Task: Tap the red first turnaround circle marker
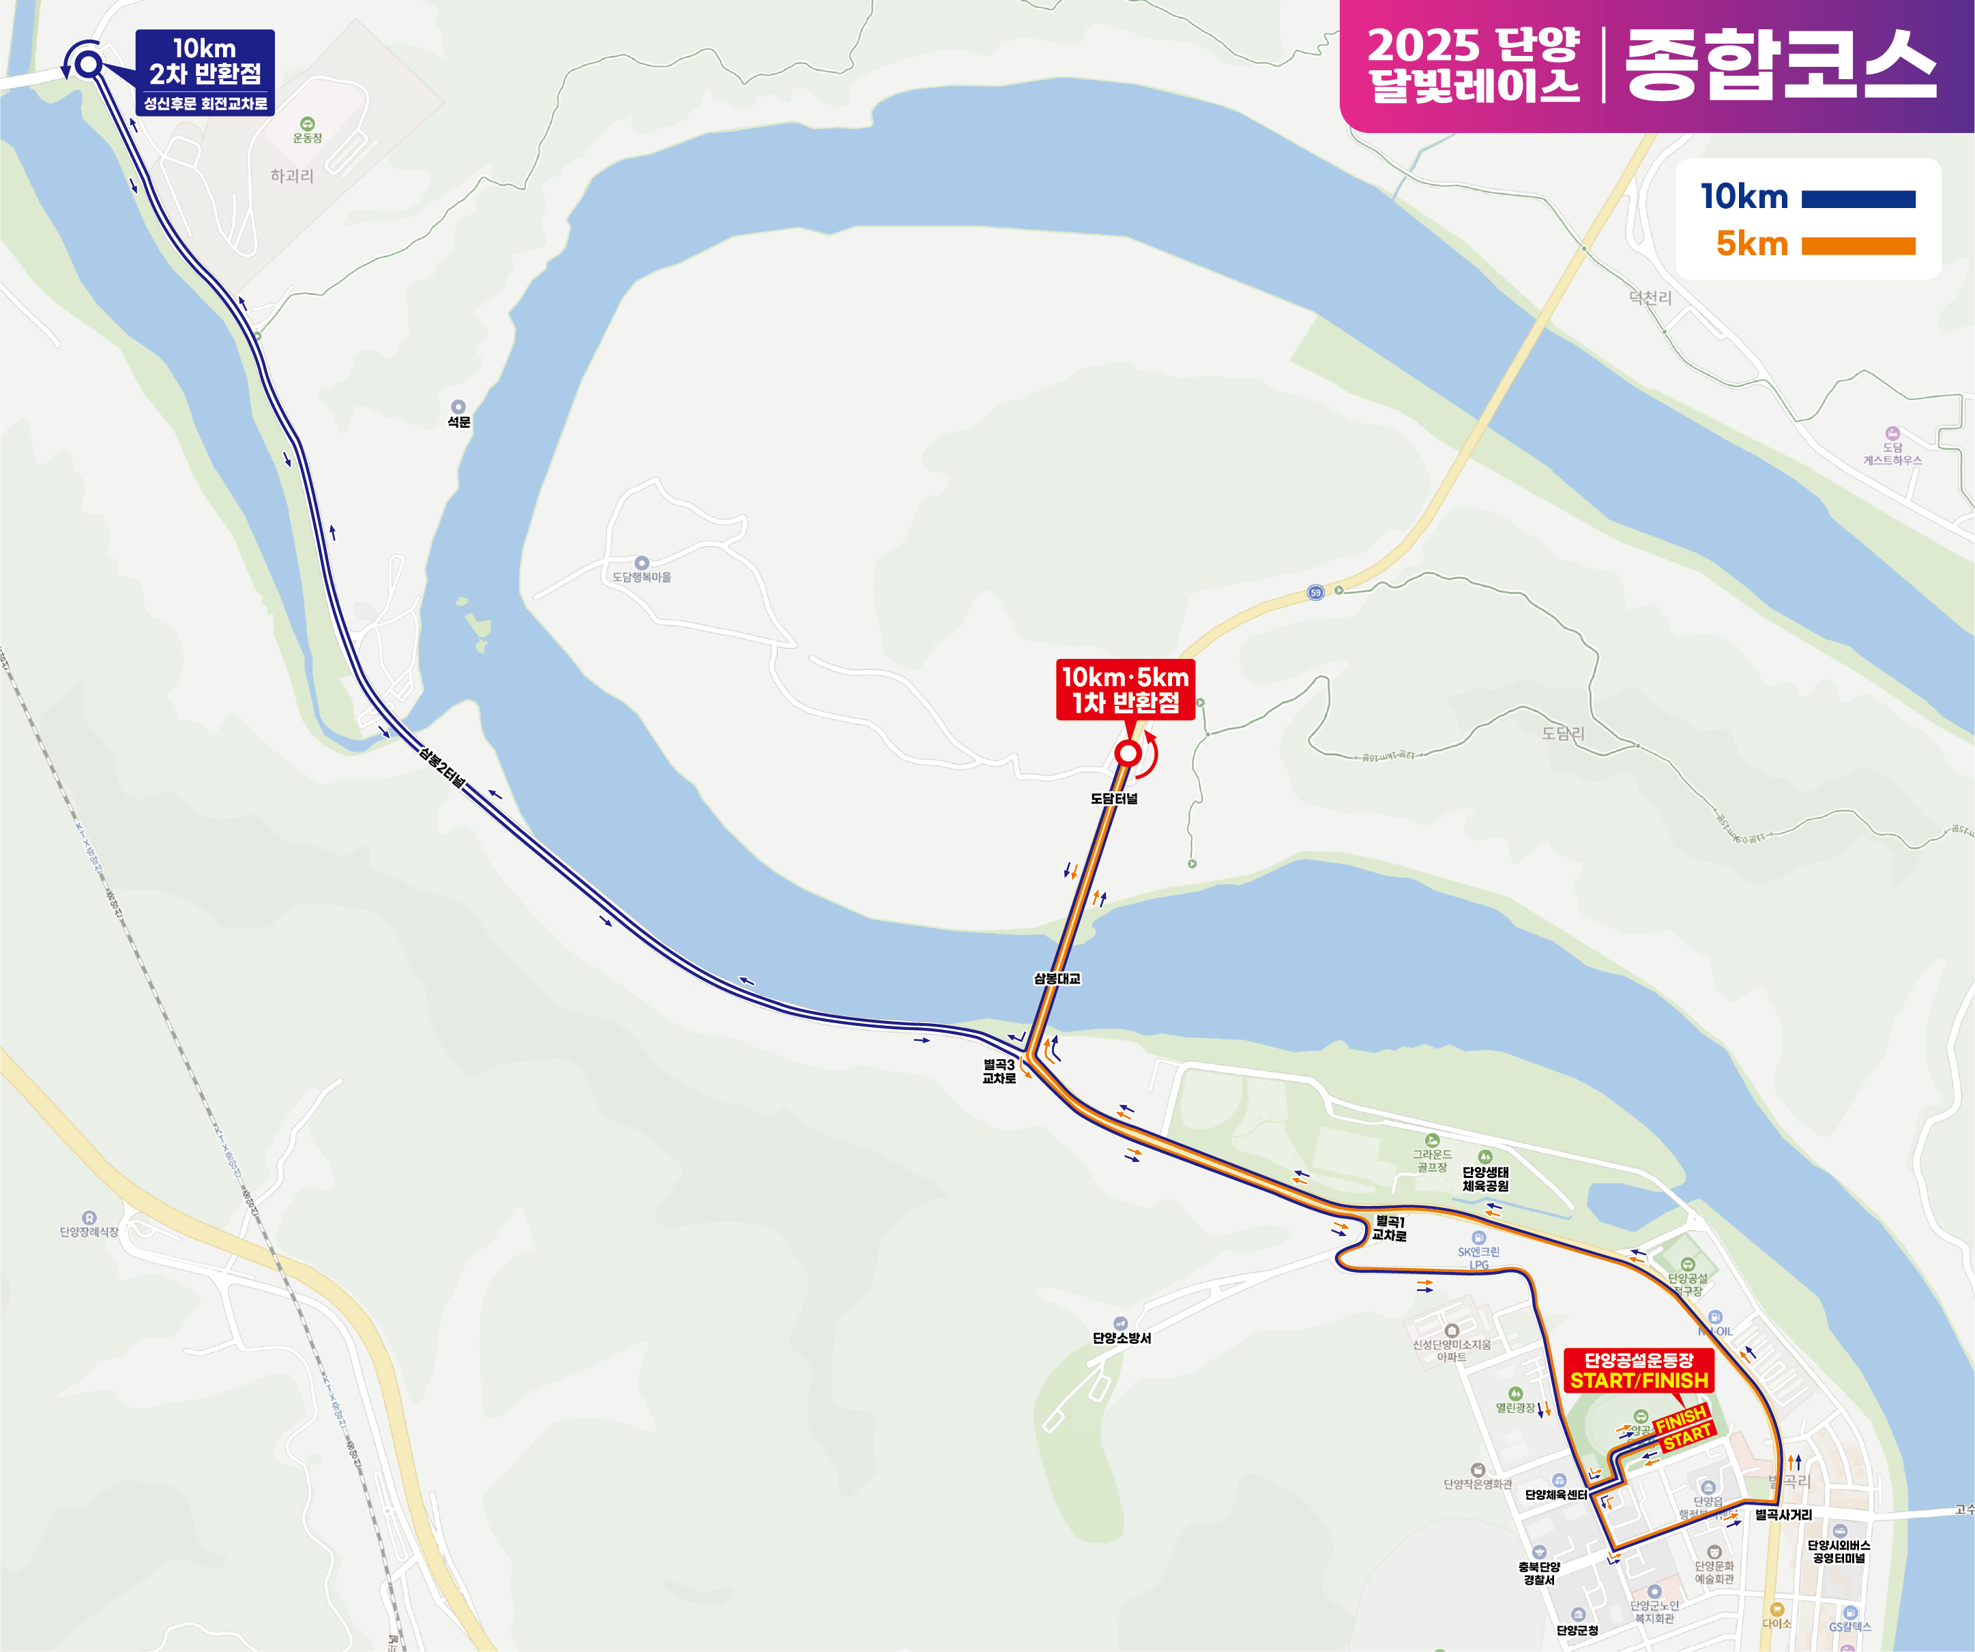tap(1128, 753)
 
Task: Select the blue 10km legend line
tap(1858, 199)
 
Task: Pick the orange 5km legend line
tap(1858, 246)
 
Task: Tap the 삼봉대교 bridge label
tap(1057, 979)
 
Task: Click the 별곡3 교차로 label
tap(999, 1072)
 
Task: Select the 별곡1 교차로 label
tap(1389, 1228)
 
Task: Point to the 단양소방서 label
tap(1121, 1338)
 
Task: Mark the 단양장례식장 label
tap(89, 1232)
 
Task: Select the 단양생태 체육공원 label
tap(1485, 1179)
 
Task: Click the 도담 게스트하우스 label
tap(1892, 453)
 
